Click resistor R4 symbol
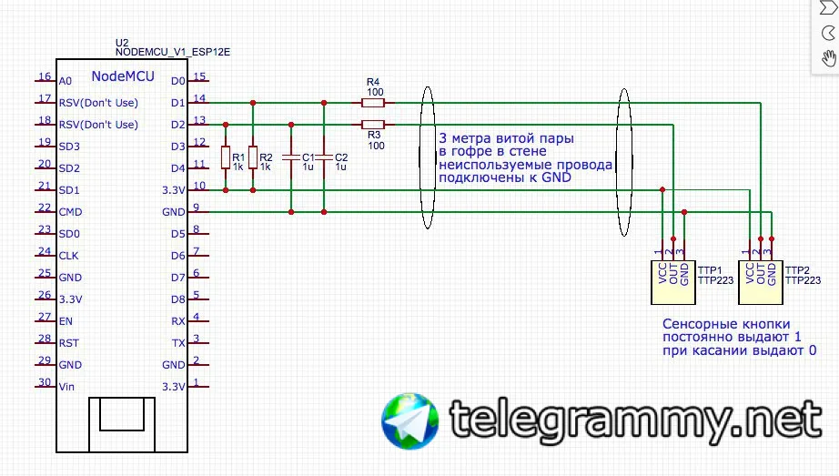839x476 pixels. (x=373, y=103)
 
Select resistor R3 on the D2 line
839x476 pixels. (x=373, y=125)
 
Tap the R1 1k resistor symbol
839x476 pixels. (x=226, y=157)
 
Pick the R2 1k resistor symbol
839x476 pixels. (x=253, y=157)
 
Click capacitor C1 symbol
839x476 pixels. (x=290, y=157)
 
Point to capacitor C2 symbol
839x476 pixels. (x=323, y=157)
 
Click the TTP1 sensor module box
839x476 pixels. (x=672, y=281)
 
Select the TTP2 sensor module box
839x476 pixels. (x=760, y=281)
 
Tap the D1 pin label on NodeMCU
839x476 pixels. (x=177, y=103)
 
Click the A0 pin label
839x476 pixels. (x=65, y=81)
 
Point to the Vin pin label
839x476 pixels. (x=66, y=387)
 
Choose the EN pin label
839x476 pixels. (x=66, y=321)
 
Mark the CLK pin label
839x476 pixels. (x=69, y=256)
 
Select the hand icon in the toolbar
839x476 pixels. (x=828, y=59)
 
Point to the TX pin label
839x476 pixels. (x=178, y=343)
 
